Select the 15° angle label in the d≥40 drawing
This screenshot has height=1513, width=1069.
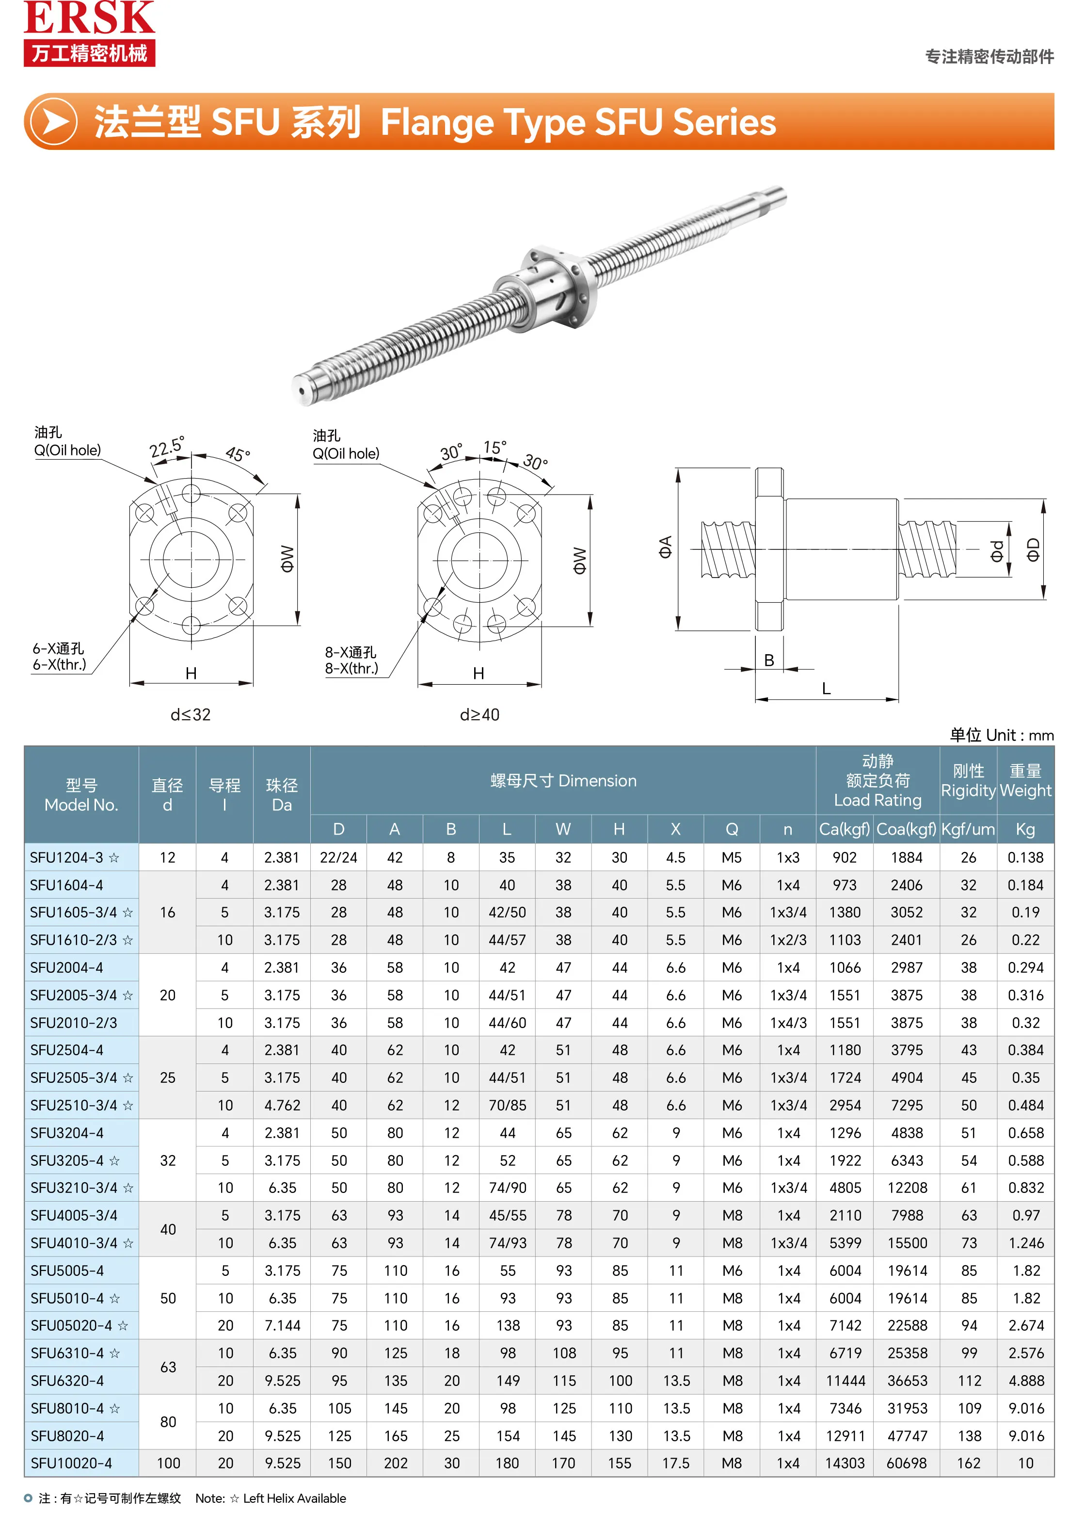tap(494, 448)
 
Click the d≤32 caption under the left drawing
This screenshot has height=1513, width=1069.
tap(191, 714)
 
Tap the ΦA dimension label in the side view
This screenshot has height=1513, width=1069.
tap(665, 547)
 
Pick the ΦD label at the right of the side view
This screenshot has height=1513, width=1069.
tap(1033, 549)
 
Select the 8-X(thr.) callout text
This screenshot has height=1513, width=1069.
tap(351, 668)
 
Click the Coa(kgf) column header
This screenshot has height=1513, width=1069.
tap(906, 829)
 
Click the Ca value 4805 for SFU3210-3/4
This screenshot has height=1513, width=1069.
tap(845, 1188)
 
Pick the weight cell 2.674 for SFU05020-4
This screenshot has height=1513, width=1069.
tap(1025, 1325)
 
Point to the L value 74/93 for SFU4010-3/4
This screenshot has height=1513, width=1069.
tap(507, 1243)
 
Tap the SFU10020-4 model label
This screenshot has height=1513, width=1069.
tap(71, 1463)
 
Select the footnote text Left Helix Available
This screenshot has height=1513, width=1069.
tap(294, 1498)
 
